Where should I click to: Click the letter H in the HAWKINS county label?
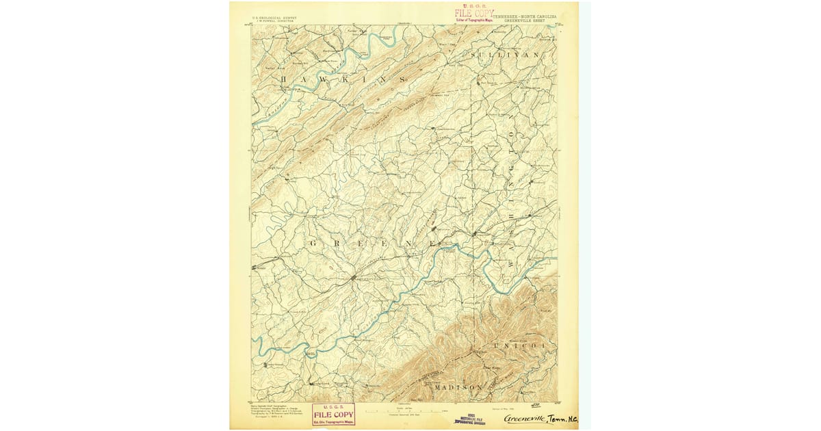coord(283,81)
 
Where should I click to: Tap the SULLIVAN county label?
coord(504,54)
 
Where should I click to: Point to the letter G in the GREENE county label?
coord(314,244)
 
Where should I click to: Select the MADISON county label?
coord(458,387)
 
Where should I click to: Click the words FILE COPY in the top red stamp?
coord(473,13)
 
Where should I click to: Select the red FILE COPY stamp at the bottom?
coord(333,415)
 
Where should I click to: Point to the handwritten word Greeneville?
coord(525,418)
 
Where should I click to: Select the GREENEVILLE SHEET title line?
coord(525,21)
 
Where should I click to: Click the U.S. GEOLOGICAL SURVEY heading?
coord(274,18)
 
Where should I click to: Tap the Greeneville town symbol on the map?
coord(352,278)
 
